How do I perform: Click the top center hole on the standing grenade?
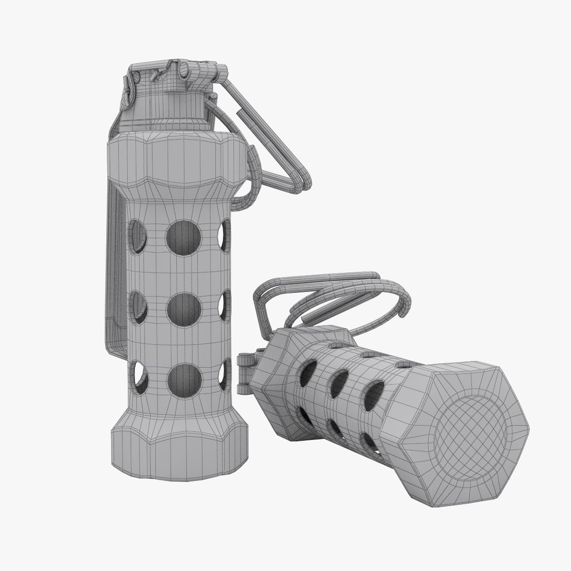184,237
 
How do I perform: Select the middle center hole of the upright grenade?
184,309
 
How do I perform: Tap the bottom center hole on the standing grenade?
184,380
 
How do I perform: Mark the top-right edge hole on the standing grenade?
225,236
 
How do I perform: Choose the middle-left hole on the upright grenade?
139,307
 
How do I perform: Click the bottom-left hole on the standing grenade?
140,377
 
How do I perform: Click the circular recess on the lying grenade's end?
471,434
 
